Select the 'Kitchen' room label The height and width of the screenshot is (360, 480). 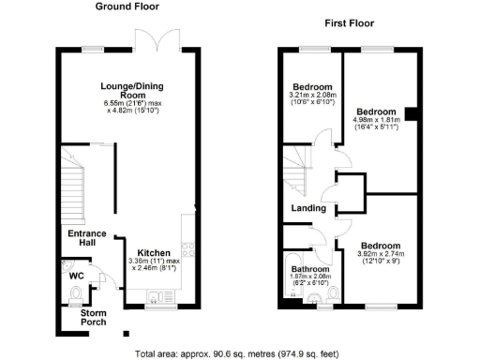point(152,253)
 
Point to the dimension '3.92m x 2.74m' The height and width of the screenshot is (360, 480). point(382,253)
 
